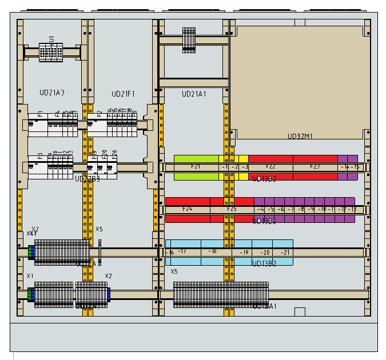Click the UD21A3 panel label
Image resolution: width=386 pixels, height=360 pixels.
51,93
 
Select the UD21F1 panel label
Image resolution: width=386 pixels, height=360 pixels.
123,94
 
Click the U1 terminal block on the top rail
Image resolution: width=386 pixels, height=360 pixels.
51,51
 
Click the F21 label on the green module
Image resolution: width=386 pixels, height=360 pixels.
196,167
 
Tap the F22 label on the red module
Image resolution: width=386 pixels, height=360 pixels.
270,167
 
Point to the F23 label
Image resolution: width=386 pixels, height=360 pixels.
315,167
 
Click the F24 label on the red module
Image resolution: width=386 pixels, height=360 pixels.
187,209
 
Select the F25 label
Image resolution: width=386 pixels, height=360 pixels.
232,209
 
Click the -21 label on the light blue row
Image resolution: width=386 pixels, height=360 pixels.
285,252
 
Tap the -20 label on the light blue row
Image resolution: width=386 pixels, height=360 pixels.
264,252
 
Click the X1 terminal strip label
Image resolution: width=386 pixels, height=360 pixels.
30,276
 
